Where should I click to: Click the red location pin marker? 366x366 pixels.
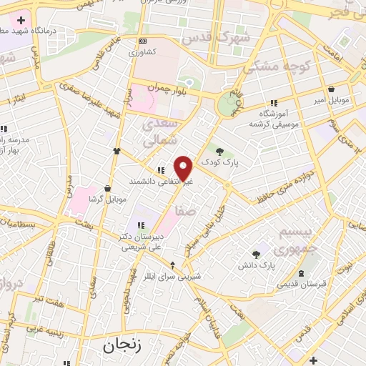[184, 168]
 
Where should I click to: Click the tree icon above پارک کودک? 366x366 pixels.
[219, 151]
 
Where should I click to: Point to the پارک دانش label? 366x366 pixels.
[257, 266]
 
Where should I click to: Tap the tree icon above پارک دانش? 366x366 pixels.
[257, 254]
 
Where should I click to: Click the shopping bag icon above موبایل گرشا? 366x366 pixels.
[107, 188]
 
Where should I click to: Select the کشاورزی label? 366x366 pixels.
[144, 52]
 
